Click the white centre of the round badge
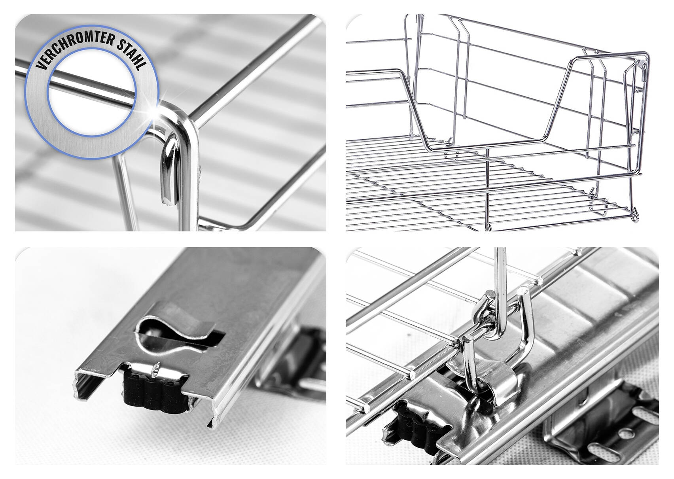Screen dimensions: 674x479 point(92,95)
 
